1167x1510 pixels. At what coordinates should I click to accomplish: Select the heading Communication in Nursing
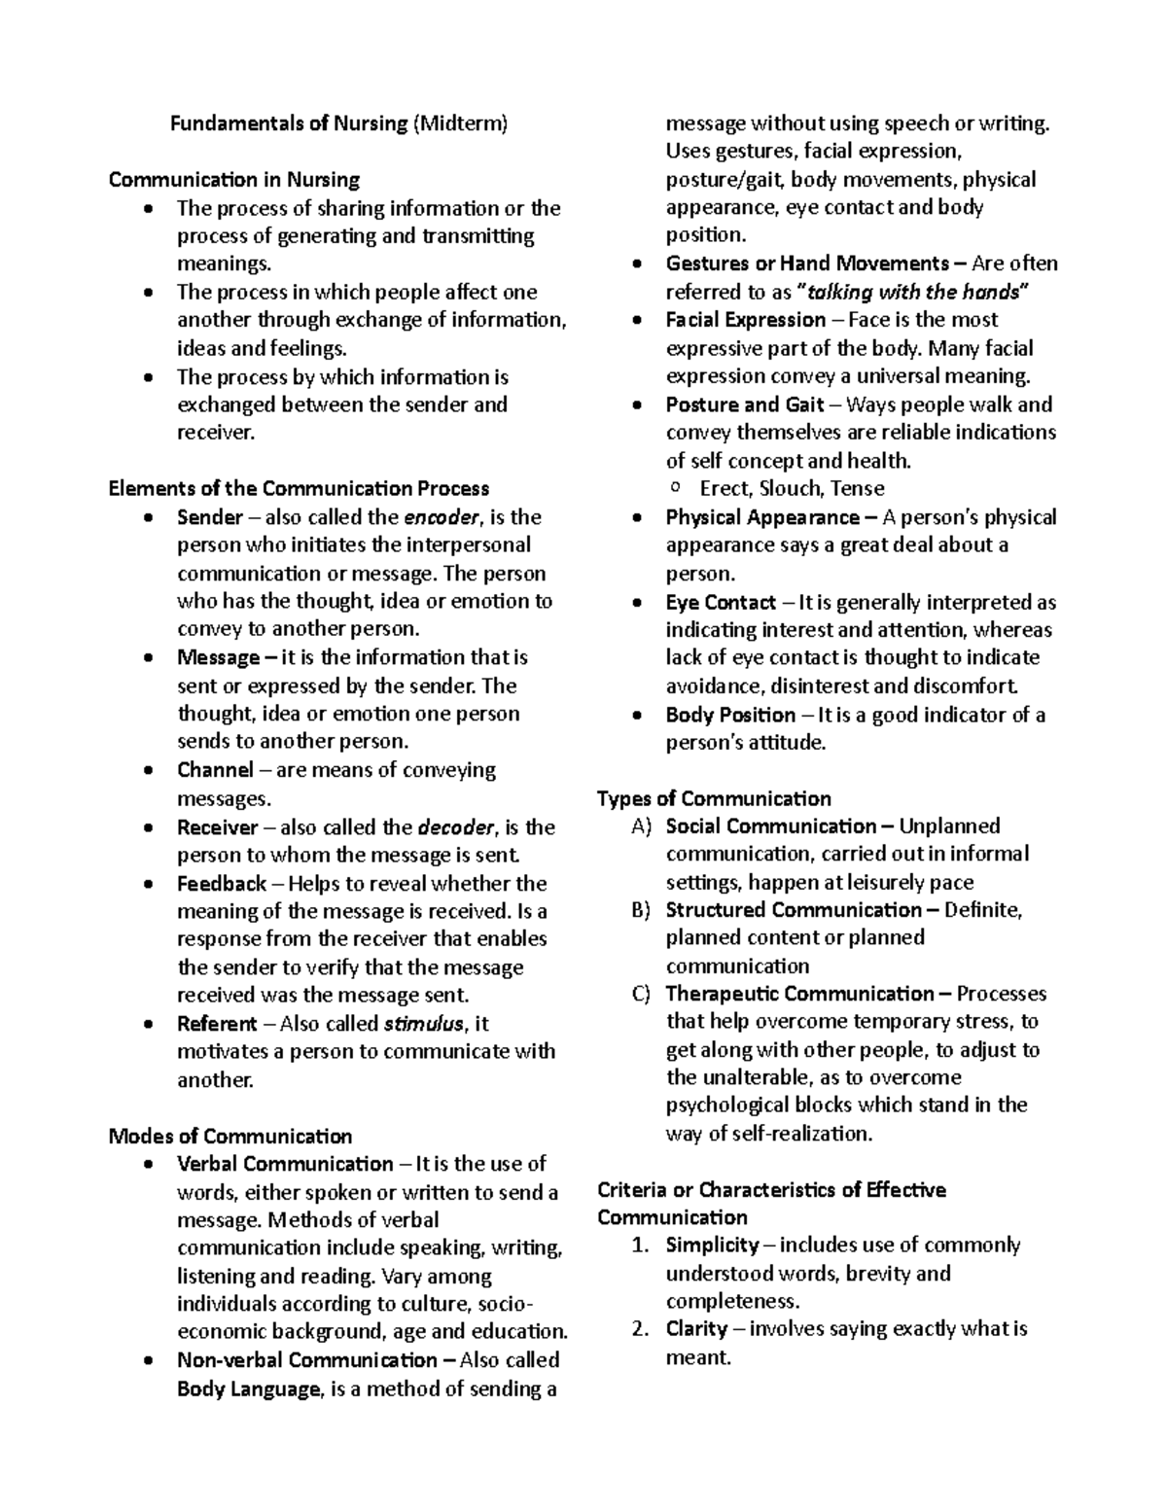click(x=233, y=180)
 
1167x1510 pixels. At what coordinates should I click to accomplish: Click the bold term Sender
click(x=209, y=517)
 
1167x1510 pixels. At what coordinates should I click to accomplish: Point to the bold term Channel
click(x=215, y=770)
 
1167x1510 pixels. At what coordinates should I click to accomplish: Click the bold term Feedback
click(x=222, y=884)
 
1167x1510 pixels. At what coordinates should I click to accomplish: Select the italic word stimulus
click(x=424, y=1024)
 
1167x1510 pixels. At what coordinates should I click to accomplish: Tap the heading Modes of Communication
click(x=230, y=1137)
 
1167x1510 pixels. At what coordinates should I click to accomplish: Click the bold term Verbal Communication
click(x=285, y=1164)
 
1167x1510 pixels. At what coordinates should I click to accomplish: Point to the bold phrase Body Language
click(x=248, y=1389)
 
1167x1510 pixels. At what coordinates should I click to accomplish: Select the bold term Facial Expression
click(x=746, y=320)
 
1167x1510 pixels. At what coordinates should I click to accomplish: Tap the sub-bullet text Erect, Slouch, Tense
click(x=792, y=489)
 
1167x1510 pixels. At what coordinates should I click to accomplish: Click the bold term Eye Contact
click(x=721, y=603)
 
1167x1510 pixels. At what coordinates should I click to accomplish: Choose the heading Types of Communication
click(x=714, y=799)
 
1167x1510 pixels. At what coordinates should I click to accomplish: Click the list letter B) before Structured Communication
click(x=640, y=911)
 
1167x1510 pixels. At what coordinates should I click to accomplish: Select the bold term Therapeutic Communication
click(x=799, y=994)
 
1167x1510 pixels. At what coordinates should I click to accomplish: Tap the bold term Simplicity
click(x=712, y=1246)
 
